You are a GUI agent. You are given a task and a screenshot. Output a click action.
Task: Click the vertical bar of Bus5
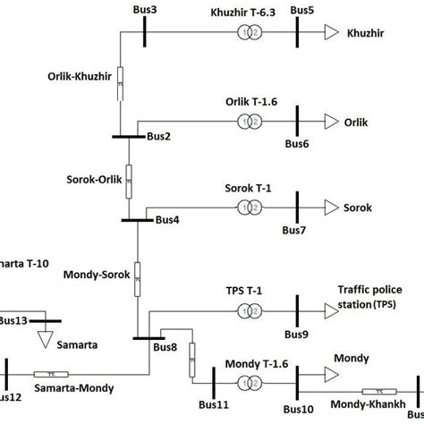click(297, 31)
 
